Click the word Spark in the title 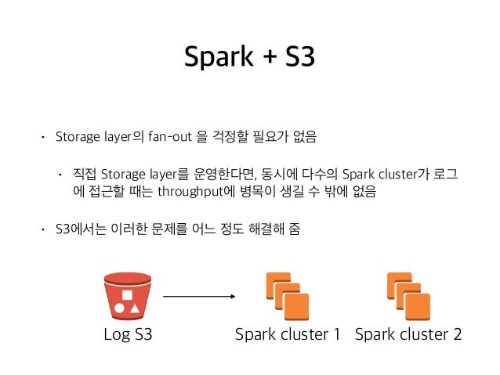coord(211,56)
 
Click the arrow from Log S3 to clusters coord(199,297)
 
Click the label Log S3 coord(128,335)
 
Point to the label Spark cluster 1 coord(288,335)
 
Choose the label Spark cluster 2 coord(408,335)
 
